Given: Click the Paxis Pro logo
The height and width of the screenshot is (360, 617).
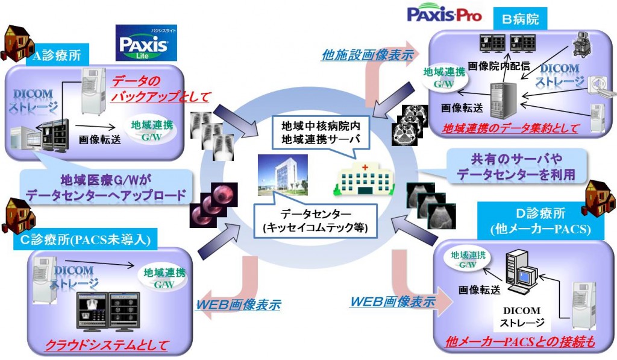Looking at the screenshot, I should point(445,14).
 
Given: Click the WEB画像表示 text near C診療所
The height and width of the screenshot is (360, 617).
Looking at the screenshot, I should point(239,304).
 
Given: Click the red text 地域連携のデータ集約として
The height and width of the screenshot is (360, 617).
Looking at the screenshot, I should point(510,128).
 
